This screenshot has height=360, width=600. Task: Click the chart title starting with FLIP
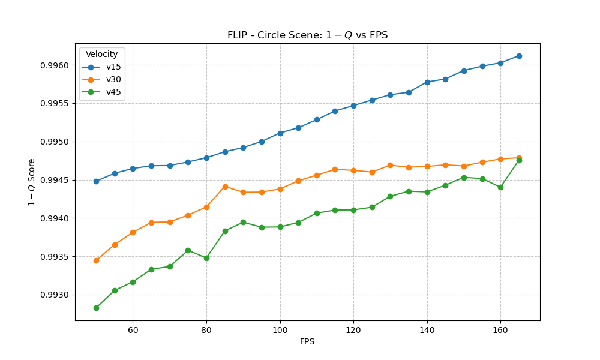(x=307, y=35)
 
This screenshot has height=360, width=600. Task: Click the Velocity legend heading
(x=101, y=55)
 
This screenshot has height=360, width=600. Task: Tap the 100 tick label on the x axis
(x=280, y=330)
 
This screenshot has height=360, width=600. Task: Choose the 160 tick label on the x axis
(x=500, y=330)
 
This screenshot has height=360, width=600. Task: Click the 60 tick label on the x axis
(x=133, y=330)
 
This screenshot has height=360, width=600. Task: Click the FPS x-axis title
(x=307, y=342)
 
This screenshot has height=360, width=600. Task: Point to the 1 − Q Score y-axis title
(x=32, y=182)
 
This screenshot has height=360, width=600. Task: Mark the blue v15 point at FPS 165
(x=519, y=56)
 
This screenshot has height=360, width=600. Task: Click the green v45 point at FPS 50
(x=96, y=308)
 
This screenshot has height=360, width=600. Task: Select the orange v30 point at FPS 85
(x=225, y=187)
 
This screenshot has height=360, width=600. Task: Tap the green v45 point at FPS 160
(x=500, y=187)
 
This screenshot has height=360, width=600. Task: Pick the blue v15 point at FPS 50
(x=96, y=181)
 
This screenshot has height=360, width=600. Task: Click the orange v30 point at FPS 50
(x=96, y=260)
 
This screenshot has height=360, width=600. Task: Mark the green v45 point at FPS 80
(x=206, y=258)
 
